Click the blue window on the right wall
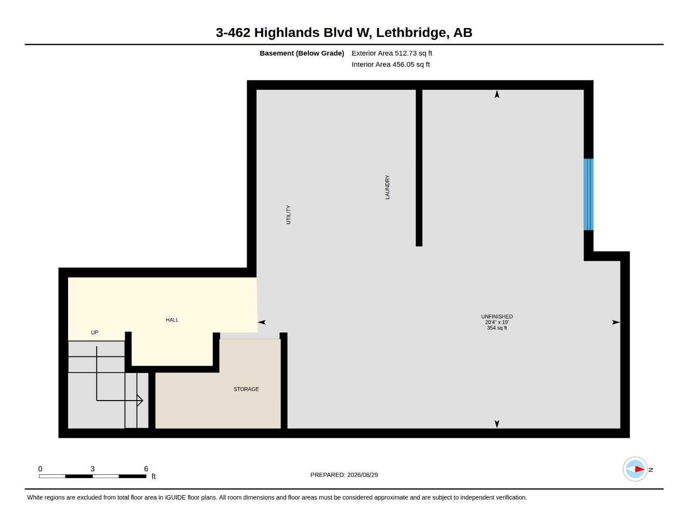tap(588, 194)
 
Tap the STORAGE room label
tap(246, 389)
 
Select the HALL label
tap(172, 320)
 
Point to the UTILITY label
tap(288, 215)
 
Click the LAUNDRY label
tap(387, 187)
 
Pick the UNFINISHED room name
tap(496, 316)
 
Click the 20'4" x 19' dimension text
tap(496, 322)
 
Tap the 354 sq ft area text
tap(496, 328)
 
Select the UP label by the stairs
tap(95, 332)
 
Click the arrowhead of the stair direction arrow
tap(140, 400)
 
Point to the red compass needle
tap(639, 469)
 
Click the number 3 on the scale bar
tap(92, 469)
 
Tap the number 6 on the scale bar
tap(146, 469)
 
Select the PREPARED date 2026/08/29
tap(362, 475)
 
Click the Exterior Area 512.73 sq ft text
tap(392, 53)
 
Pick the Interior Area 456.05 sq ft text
tap(390, 64)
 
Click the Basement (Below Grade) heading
tap(301, 53)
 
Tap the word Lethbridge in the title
tap(411, 33)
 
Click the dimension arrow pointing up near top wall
tap(497, 94)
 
